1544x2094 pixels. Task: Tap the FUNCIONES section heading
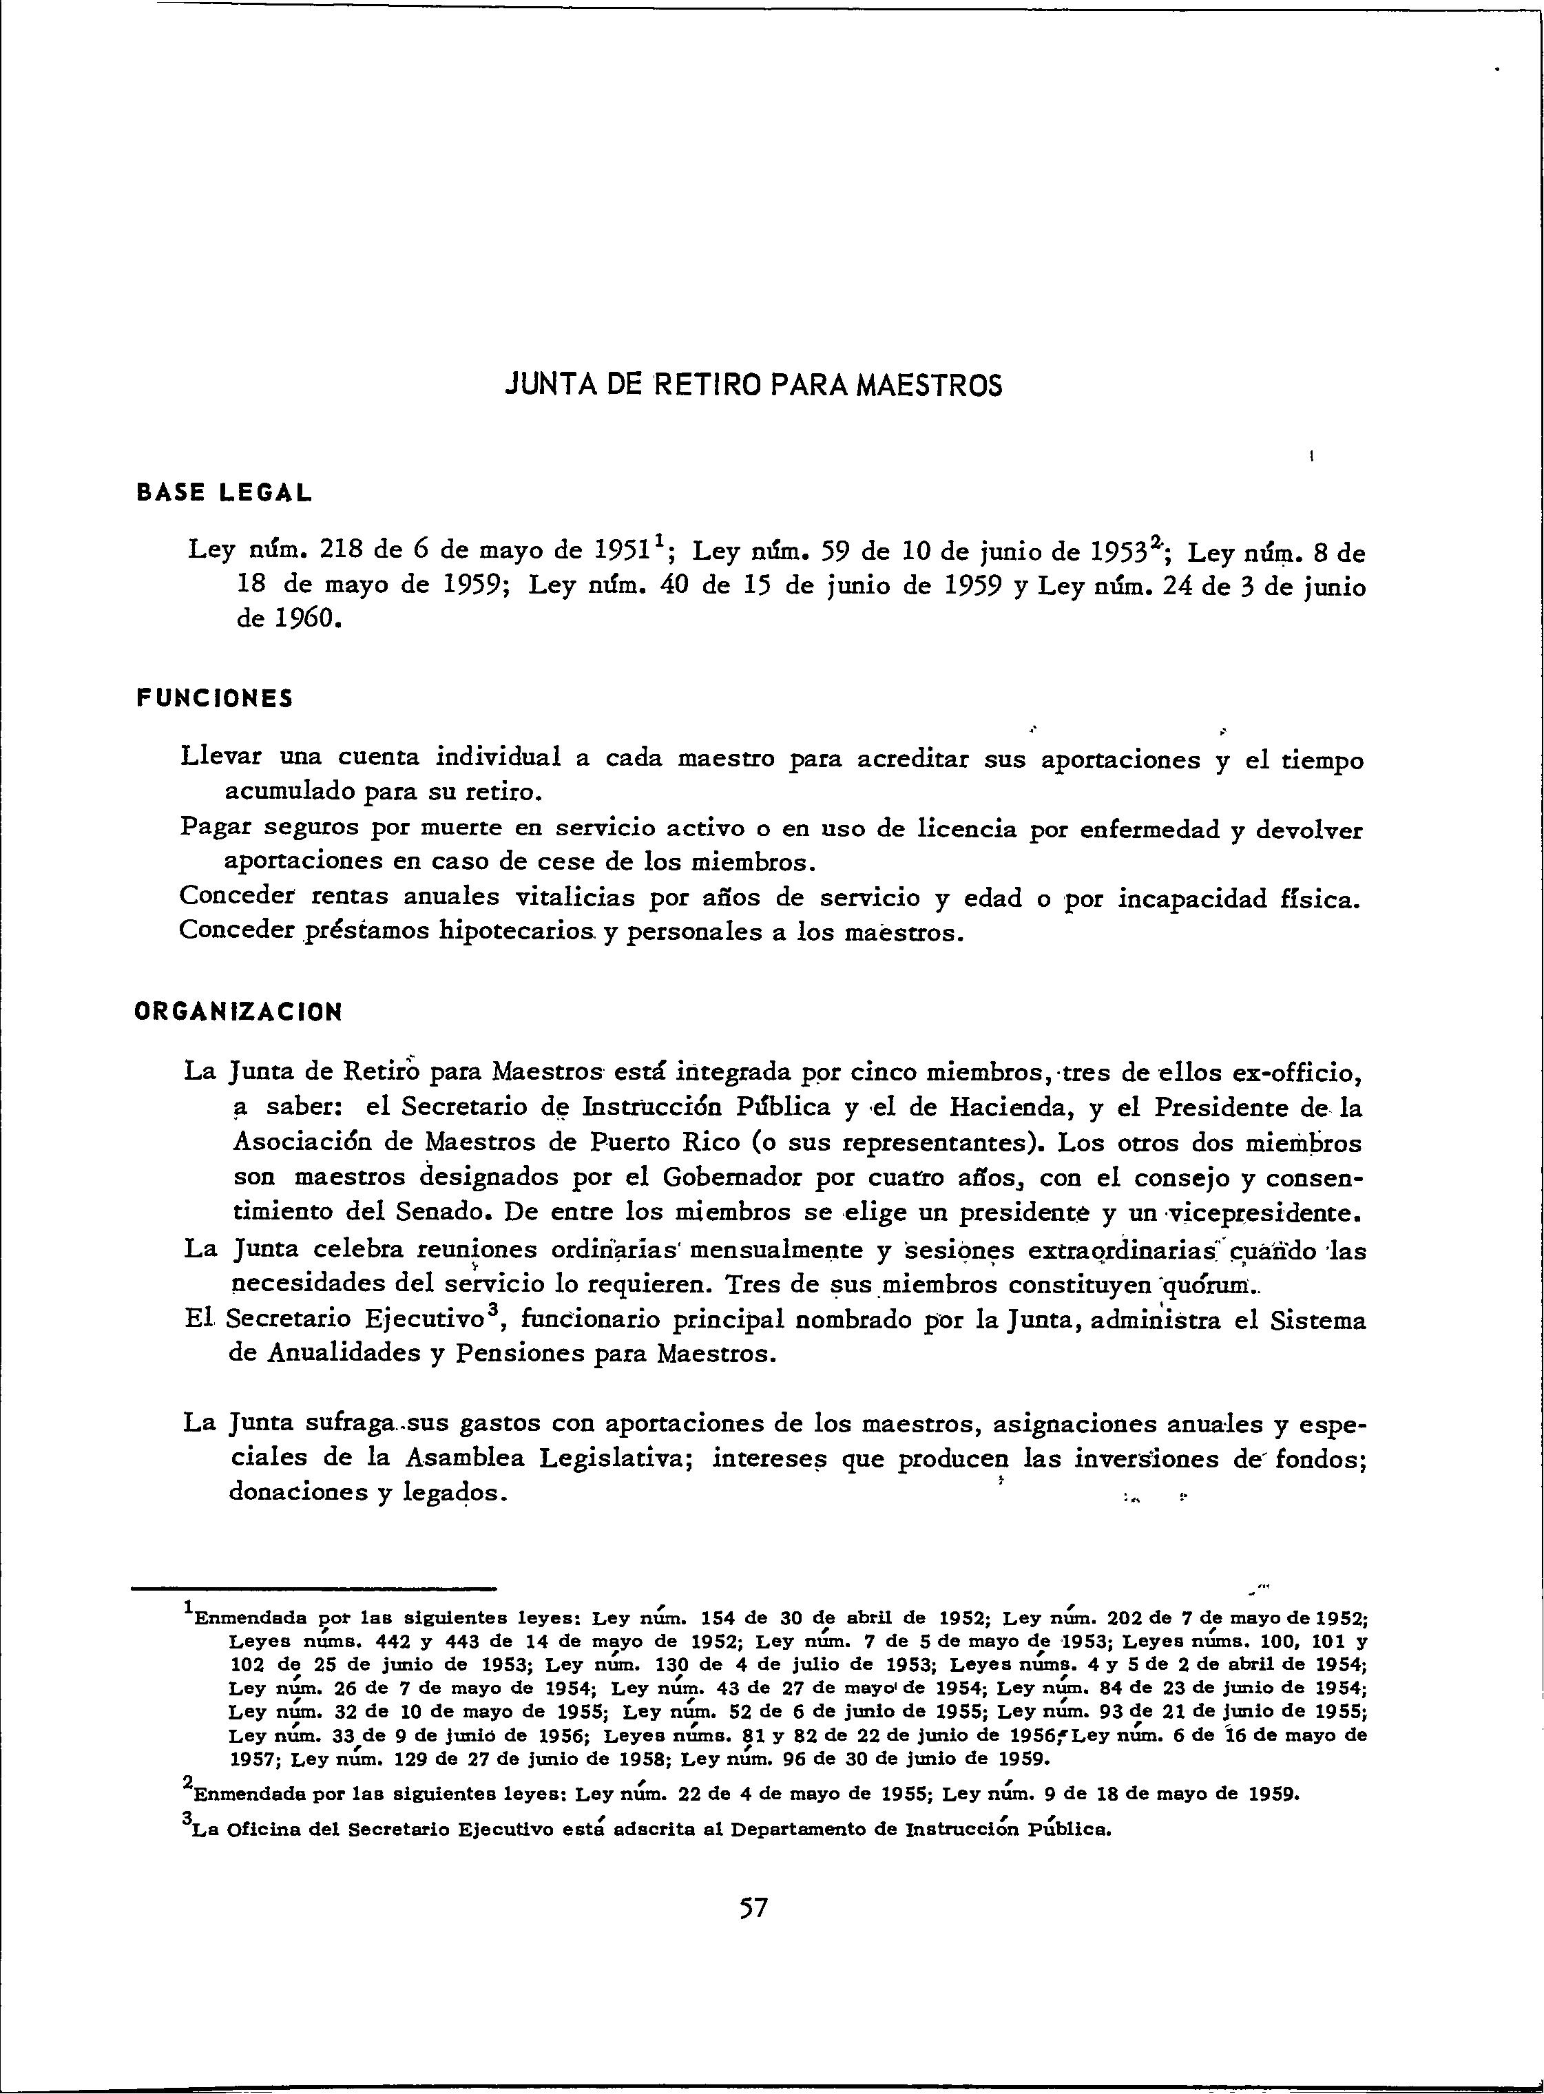[x=214, y=699]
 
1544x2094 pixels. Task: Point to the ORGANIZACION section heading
[x=238, y=1012]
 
